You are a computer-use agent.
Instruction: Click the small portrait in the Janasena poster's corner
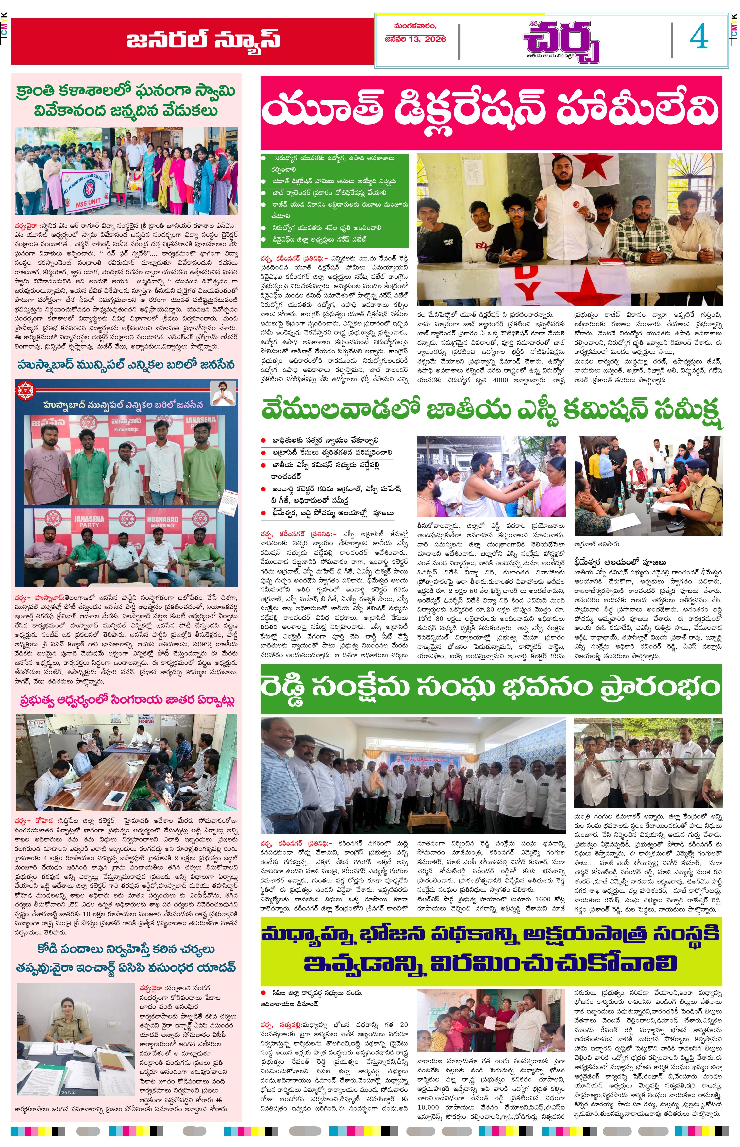click(x=224, y=393)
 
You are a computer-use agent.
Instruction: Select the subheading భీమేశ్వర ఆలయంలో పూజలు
click(x=620, y=562)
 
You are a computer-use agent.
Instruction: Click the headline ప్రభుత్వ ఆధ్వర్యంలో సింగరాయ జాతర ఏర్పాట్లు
click(x=126, y=700)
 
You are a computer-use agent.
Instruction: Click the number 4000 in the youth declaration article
click(x=500, y=380)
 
